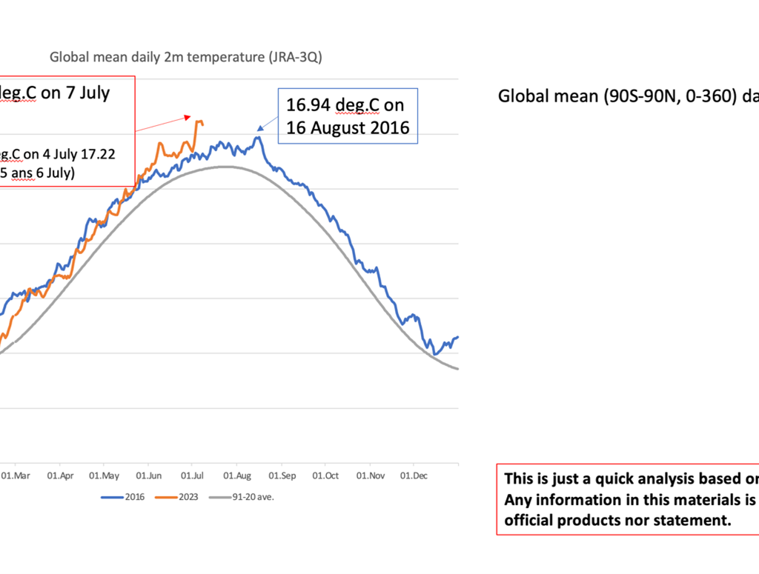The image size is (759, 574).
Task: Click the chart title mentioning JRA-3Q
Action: (185, 56)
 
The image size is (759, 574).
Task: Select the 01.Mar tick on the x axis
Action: (16, 475)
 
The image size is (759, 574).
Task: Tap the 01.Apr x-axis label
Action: (60, 475)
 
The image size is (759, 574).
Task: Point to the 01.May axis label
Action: (104, 475)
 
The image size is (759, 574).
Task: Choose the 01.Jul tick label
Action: (192, 475)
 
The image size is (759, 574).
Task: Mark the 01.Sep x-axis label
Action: (282, 475)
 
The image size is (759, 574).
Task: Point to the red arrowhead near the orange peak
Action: (189, 116)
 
